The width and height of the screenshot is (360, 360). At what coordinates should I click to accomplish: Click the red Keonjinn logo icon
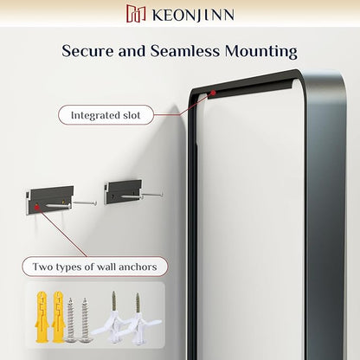136,14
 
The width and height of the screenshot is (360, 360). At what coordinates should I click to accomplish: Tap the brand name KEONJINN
193,15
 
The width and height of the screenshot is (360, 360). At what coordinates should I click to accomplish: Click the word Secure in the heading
87,51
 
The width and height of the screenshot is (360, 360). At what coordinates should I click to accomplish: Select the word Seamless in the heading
184,51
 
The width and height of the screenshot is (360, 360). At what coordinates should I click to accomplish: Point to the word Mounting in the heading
261,52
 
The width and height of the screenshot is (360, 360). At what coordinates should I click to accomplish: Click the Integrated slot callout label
106,115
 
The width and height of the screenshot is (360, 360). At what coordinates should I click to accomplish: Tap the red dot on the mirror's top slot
213,93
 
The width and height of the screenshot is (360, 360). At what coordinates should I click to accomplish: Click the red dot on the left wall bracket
36,207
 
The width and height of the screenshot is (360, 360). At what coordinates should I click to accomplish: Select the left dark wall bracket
48,200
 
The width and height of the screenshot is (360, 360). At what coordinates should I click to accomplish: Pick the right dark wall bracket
123,192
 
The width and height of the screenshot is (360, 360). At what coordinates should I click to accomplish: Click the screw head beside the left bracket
95,203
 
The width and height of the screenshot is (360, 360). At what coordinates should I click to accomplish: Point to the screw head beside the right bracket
161,195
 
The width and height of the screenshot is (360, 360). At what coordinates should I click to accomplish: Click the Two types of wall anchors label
94,267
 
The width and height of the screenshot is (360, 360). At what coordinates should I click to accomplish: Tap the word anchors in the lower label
138,267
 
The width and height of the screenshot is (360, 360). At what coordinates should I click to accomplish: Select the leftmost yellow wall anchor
41,317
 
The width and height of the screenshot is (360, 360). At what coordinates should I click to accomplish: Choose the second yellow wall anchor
58,317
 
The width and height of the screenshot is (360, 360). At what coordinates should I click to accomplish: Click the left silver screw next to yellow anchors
70,320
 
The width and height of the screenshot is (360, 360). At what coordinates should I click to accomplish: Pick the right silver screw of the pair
85,320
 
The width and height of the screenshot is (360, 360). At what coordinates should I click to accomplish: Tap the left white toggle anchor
111,318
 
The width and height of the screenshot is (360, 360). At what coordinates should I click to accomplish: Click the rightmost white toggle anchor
139,318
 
